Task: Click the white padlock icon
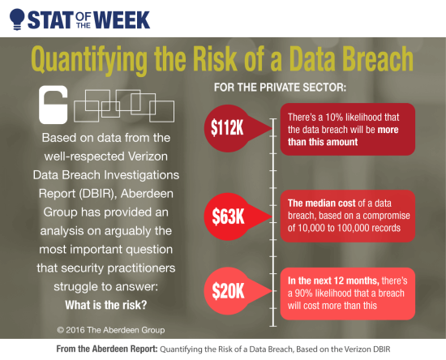tap(53, 104)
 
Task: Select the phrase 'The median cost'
tap(319, 202)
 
